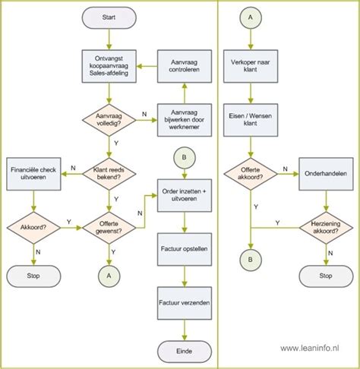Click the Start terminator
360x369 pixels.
tap(109, 17)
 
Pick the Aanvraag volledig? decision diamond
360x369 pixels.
tap(109, 118)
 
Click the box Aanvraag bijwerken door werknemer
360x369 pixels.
tap(185, 118)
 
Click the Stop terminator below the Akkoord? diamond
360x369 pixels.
tap(33, 275)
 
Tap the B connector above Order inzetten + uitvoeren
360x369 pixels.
tap(185, 158)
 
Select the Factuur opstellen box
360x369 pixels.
tap(185, 248)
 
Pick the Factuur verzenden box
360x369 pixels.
tap(185, 302)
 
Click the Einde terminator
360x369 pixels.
tap(185, 351)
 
